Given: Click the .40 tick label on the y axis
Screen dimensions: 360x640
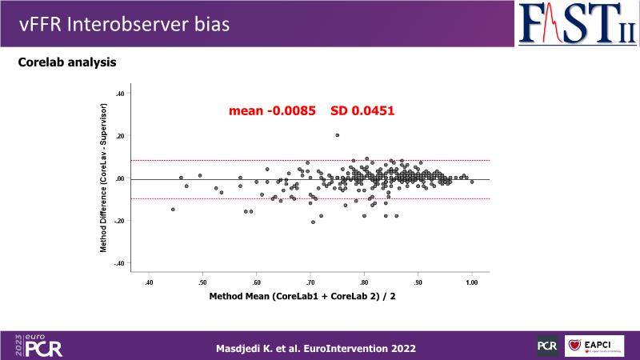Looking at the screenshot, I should click(120, 94).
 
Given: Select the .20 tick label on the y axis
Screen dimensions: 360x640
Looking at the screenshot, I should click(120, 136).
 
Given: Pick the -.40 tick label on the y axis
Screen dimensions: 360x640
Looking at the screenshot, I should click(119, 263).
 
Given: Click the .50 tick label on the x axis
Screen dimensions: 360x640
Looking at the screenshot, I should click(202, 282).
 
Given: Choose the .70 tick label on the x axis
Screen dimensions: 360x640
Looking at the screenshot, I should click(310, 282).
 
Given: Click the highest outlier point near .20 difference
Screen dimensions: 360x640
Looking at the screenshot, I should click(337, 135).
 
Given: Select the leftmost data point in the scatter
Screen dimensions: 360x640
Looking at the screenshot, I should click(173, 210).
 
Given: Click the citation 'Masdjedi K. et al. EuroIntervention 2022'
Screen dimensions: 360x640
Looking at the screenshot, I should click(316, 348).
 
